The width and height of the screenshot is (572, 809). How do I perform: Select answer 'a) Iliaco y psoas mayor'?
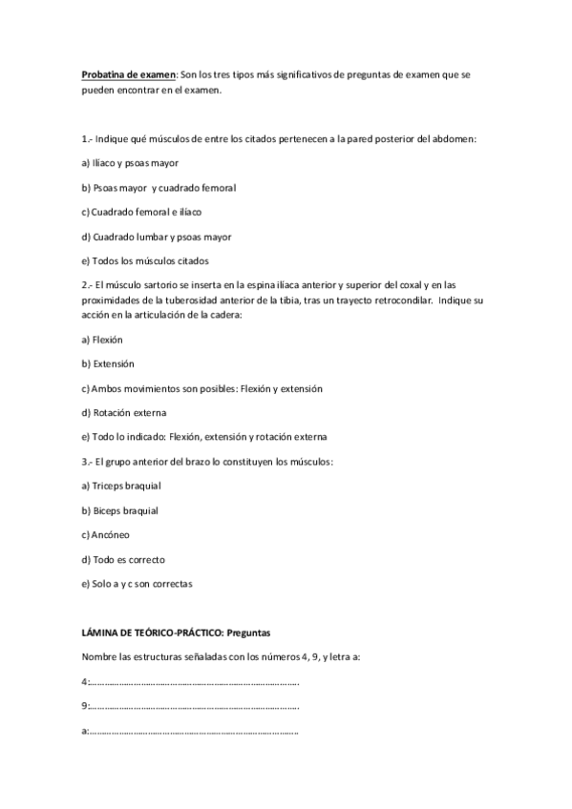click(131, 163)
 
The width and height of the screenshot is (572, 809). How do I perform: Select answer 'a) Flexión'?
click(103, 339)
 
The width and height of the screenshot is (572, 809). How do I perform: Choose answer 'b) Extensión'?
click(108, 363)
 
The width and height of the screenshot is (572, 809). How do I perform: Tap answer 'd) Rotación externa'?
click(124, 413)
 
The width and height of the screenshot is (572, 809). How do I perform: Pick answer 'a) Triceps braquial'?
click(120, 486)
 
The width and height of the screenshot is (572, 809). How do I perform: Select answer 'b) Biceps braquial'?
click(120, 510)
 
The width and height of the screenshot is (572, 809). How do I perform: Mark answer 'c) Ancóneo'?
click(106, 535)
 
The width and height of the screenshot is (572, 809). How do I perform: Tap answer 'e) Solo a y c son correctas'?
click(138, 584)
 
